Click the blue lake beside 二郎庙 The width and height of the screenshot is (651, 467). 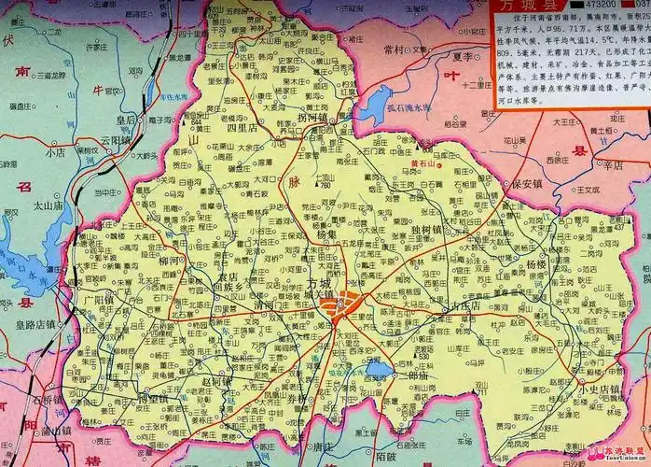(379, 371)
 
